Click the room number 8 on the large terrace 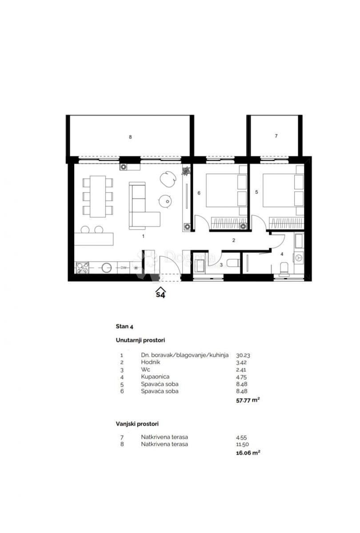pyautogui.click(x=130, y=137)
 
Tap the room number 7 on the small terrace pyautogui.click(x=276, y=136)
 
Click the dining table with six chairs pyautogui.click(x=98, y=196)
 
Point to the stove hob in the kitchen pyautogui.click(x=83, y=267)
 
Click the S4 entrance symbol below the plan pyautogui.click(x=160, y=293)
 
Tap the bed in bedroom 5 pyautogui.click(x=282, y=191)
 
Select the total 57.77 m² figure pyautogui.click(x=248, y=400)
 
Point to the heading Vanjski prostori pyautogui.click(x=137, y=424)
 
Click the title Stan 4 pyautogui.click(x=124, y=326)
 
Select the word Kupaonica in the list pyautogui.click(x=155, y=377)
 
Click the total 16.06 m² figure pyautogui.click(x=248, y=453)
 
